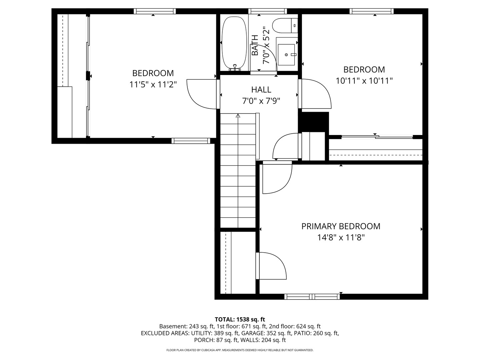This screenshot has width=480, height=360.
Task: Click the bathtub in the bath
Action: pos(234,43)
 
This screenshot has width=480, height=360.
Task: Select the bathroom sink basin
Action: pos(286,54)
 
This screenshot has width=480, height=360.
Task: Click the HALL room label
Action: pos(261,90)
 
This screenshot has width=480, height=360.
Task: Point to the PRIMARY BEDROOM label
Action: pos(341,226)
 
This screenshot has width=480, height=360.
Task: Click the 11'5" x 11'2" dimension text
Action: pos(153,84)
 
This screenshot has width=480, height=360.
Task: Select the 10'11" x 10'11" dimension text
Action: pos(364,81)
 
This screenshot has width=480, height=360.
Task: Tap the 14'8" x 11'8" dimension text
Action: pos(341,237)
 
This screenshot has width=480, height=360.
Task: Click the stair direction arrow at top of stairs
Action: pos(238,116)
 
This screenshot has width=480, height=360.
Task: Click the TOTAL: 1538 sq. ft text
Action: pos(240,320)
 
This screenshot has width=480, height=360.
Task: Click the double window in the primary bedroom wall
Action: pos(312,297)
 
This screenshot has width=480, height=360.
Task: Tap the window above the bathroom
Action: pos(268,11)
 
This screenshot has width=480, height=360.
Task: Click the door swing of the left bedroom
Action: pos(201,94)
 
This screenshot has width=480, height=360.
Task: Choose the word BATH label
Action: pos(255,45)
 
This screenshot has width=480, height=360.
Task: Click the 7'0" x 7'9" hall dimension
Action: pos(261,101)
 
